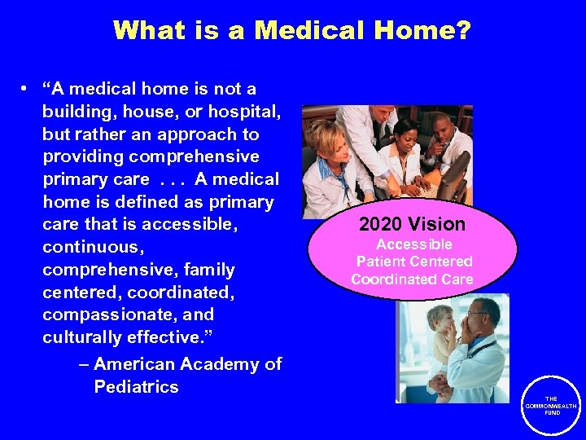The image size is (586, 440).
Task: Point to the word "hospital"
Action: pyautogui.click(x=245, y=112)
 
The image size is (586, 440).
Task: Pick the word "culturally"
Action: pyautogui.click(x=81, y=337)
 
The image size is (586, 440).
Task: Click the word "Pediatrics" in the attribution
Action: pyautogui.click(x=136, y=387)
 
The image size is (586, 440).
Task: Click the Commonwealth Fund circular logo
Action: pyautogui.click(x=552, y=405)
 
